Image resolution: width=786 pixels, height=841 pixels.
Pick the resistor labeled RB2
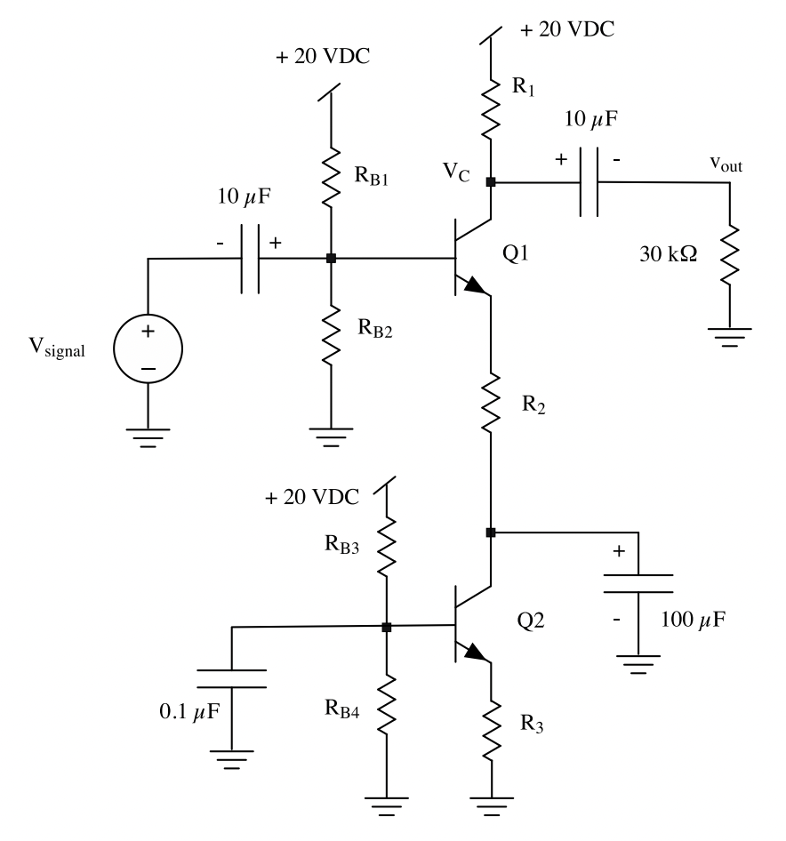331,333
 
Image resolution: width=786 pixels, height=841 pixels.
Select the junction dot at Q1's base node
331,259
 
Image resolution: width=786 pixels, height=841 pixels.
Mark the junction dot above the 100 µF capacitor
491,533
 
